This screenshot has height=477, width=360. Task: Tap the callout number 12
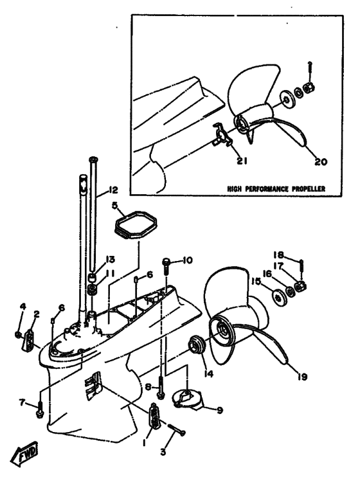pos(113,190)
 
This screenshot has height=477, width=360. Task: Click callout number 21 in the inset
pos(242,161)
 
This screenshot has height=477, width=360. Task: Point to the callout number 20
pos(320,161)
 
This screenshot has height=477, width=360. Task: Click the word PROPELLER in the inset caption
pos(309,189)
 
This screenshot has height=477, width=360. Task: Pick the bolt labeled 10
pos(166,267)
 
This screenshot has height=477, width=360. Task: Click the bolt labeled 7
pos(39,410)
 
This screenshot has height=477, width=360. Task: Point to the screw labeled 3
pos(177,429)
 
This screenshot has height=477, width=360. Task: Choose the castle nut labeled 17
pos(300,287)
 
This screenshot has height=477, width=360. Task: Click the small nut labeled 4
pos(18,334)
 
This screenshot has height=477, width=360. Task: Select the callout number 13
pos(110,260)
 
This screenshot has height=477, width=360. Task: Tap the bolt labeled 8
pos(160,387)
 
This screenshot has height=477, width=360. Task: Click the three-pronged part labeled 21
pos(222,134)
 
